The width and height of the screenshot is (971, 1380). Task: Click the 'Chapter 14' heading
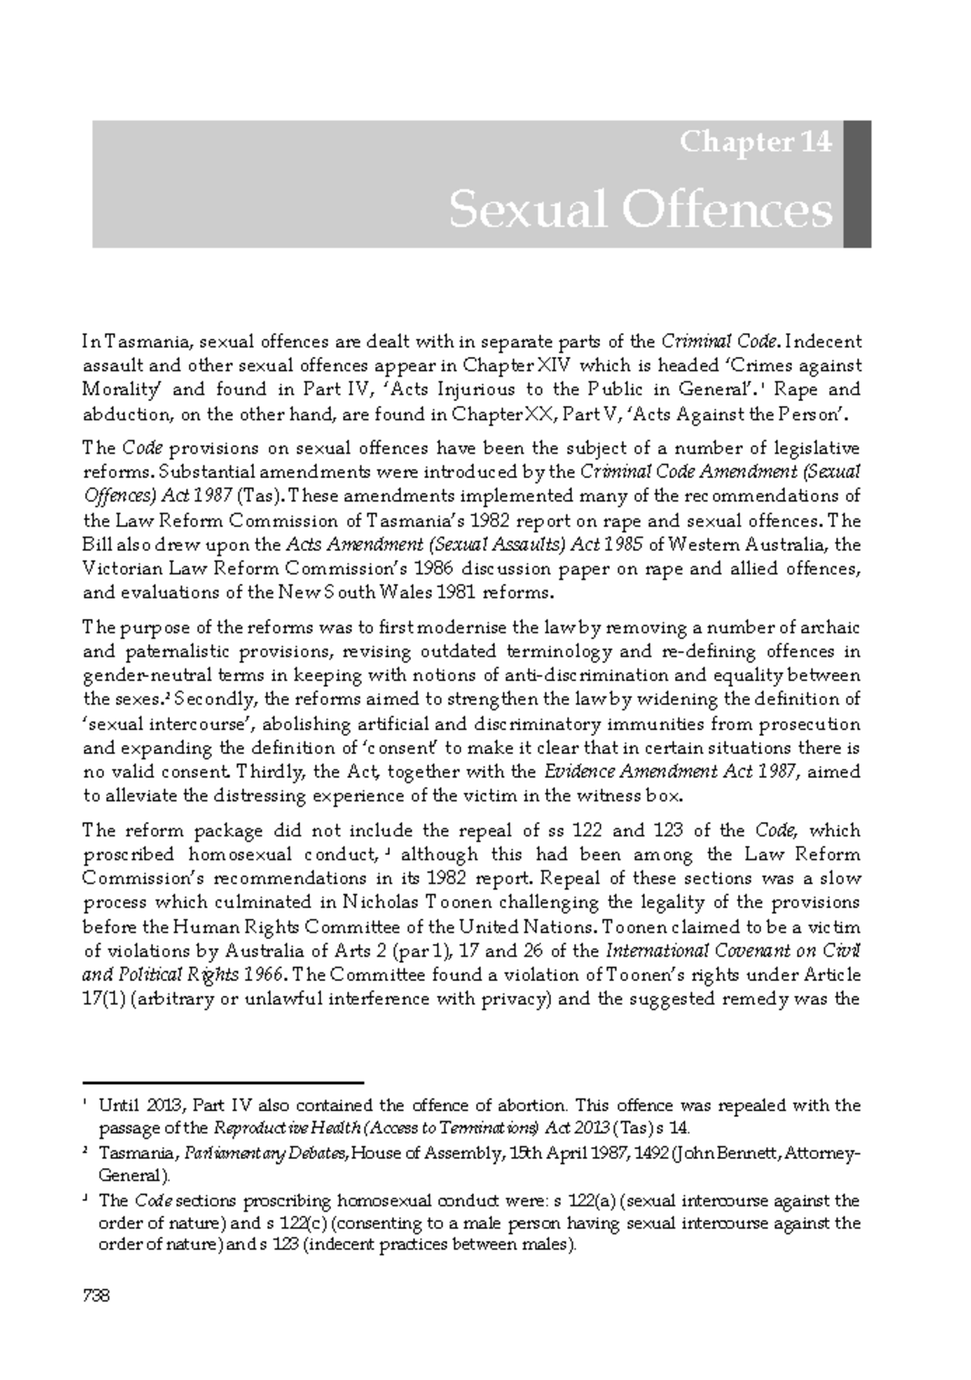click(x=755, y=142)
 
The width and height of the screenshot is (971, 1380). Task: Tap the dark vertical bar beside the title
click(x=857, y=184)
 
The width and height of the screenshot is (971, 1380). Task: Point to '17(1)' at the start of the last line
click(x=103, y=998)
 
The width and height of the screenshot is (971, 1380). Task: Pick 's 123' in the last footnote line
click(x=282, y=1245)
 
